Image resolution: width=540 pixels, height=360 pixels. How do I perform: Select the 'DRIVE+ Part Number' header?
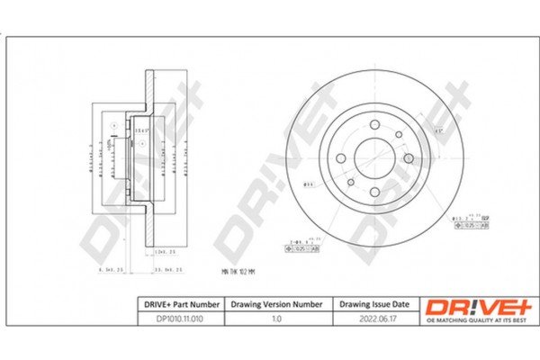pos(177,305)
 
